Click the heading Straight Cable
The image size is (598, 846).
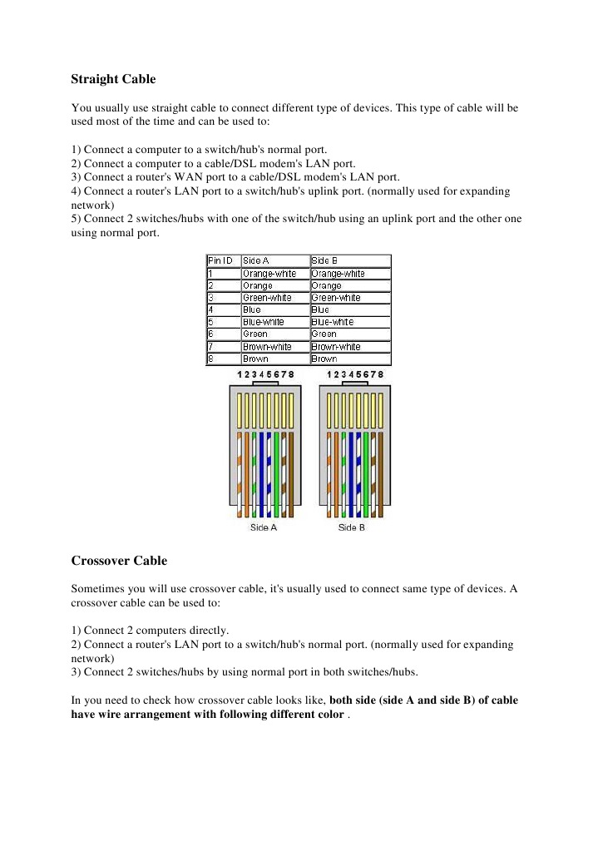click(x=113, y=80)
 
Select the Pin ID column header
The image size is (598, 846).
click(x=220, y=260)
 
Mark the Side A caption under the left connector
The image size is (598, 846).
click(x=264, y=527)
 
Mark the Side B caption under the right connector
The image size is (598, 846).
click(x=352, y=527)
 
